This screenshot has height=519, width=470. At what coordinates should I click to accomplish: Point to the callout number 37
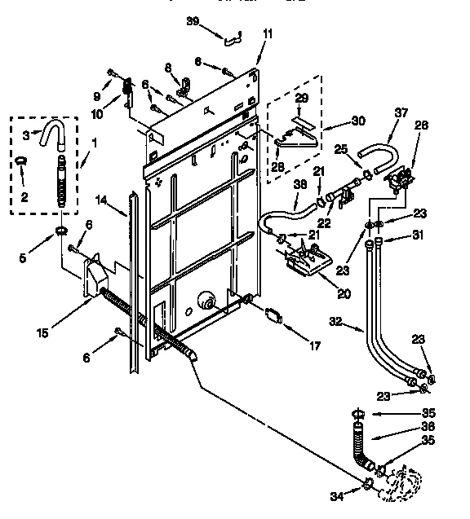[x=400, y=112]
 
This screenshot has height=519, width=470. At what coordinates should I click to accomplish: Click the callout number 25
[x=341, y=149]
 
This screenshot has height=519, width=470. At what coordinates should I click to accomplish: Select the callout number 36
[x=428, y=427]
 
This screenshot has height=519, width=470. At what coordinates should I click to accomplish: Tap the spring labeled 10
[x=127, y=86]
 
